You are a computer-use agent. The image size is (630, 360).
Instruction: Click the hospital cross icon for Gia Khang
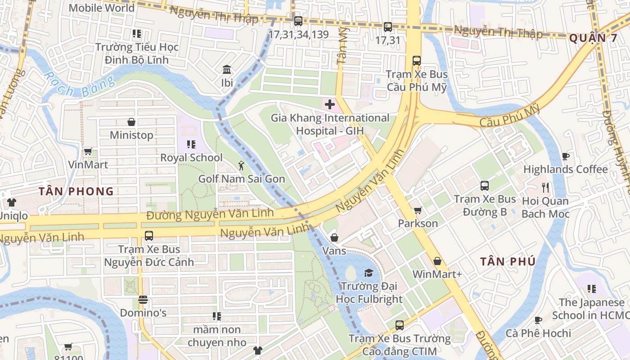coord(330,104)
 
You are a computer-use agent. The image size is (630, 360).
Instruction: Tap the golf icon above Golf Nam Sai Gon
coord(242,166)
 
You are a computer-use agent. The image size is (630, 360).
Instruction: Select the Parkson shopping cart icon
coord(418,210)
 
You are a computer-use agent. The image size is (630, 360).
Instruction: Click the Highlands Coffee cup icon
coord(566,156)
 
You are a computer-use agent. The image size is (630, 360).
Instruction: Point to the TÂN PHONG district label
coord(76,191)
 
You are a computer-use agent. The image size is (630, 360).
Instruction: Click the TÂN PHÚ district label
coord(508,261)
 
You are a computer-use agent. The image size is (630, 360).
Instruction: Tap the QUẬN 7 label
coord(593,38)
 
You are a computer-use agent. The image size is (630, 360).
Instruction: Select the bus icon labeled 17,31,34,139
coord(298,21)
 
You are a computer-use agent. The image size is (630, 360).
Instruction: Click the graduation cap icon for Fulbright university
coord(369,273)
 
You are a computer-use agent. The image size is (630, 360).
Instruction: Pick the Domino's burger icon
coord(143,299)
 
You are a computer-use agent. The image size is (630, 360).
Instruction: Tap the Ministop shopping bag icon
coord(131,122)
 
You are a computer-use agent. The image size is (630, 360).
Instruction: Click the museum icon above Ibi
coord(227,70)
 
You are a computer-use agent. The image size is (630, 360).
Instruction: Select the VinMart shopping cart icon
coord(88,152)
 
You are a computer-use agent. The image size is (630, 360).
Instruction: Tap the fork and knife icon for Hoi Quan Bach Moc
coord(545,187)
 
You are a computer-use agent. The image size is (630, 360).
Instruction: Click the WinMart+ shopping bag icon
coord(437,261)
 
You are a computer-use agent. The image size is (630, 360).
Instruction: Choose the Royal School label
coord(191,157)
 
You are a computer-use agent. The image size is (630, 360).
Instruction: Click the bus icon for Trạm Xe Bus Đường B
coord(485,185)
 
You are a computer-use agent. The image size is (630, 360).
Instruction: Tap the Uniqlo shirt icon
coord(11,203)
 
